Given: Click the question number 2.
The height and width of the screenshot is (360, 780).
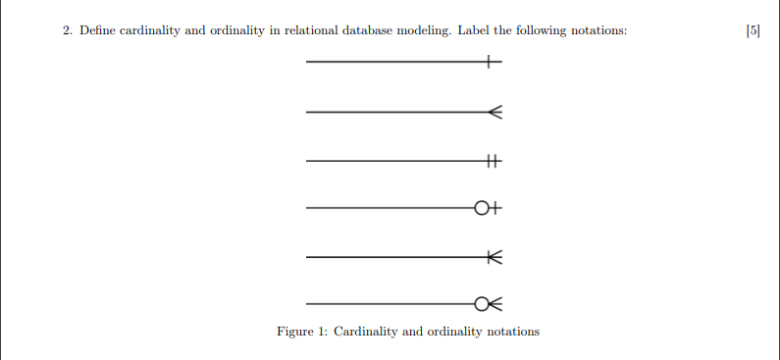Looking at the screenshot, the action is pos(67,30).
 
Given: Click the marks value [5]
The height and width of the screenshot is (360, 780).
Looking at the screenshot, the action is pos(753,30).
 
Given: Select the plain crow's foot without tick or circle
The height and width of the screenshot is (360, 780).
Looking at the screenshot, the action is pos(494,113).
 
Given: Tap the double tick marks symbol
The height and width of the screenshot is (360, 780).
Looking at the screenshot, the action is pos(493,161).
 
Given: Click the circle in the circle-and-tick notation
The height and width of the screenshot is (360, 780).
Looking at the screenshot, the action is pos(481,208).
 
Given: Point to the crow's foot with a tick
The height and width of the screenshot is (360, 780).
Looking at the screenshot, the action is pos(494,257).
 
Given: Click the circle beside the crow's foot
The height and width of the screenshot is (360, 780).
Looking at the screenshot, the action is pos(481,303).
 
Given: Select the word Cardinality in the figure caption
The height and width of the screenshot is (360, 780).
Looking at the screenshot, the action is pos(365,332).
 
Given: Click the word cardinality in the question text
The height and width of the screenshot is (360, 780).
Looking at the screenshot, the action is pos(151,30).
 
